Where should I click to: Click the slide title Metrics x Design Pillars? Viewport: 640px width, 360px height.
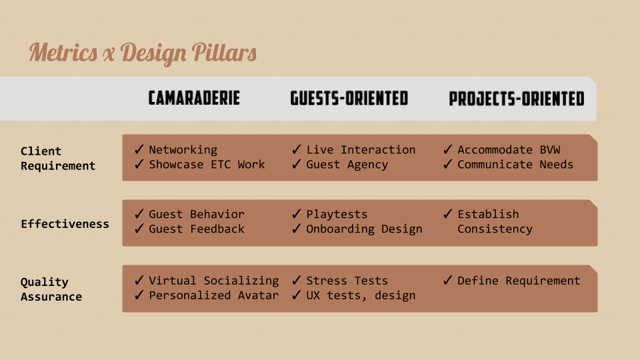point(143,53)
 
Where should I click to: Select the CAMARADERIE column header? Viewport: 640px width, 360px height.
point(194,99)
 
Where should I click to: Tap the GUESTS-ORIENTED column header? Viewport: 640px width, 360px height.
point(349,99)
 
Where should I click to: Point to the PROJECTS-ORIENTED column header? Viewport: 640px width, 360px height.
point(516,99)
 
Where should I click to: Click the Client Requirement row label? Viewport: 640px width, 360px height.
point(58,159)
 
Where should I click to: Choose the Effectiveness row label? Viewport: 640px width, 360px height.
point(65,224)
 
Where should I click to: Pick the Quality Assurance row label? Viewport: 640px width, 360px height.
point(51,289)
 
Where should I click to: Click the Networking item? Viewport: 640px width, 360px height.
point(183,150)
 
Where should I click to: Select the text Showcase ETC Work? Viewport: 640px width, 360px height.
point(207,165)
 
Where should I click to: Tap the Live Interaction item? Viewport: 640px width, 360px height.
point(361,150)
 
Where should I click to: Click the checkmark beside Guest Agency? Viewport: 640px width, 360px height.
point(297,164)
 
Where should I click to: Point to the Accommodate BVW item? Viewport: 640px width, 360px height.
point(509,150)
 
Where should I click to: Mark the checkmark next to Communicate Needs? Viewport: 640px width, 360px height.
point(448,164)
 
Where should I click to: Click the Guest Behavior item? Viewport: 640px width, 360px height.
point(196,214)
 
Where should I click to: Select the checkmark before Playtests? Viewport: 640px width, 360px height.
point(297,213)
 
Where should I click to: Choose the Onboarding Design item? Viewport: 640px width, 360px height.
point(364,229)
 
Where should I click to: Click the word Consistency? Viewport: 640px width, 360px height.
point(495,229)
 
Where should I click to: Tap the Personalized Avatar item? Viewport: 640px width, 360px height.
point(213,295)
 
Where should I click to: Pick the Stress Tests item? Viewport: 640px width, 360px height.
point(347,281)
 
